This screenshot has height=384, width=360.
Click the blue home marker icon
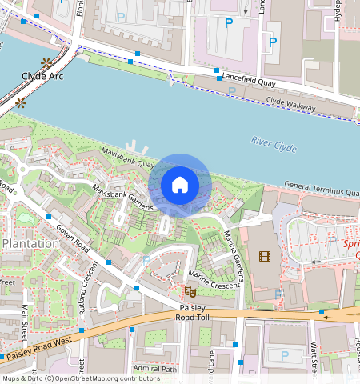pos(180,186)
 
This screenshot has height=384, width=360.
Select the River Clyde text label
pos(274,143)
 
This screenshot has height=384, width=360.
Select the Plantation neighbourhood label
pos(30,243)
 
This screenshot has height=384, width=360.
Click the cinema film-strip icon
pos(265,256)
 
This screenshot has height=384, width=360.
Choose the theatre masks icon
pos(190,292)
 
